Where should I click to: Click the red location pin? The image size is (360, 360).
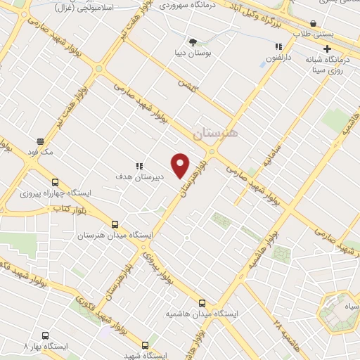pyautogui.click(x=181, y=165)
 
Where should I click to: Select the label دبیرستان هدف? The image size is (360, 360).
pyautogui.click(x=140, y=177)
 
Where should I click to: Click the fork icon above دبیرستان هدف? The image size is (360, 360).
pyautogui.click(x=139, y=166)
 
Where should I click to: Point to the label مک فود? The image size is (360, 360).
pyautogui.click(x=57, y=150)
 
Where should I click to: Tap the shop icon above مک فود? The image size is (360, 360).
pyautogui.click(x=40, y=140)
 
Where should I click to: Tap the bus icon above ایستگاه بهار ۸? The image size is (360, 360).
pyautogui.click(x=46, y=336)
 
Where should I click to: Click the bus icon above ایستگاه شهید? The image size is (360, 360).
pyautogui.click(x=145, y=345)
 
